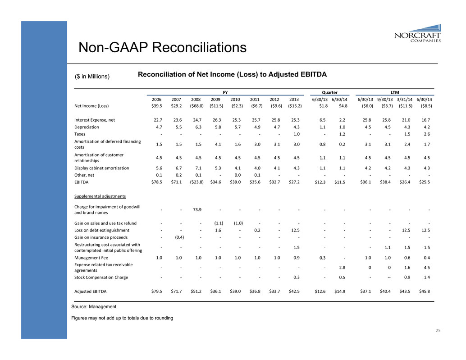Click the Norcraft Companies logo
coord(417,32)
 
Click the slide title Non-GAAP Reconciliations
coord(163,47)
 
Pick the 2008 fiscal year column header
coord(196,99)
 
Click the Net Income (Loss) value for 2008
coord(196,106)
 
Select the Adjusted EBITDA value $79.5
coord(156,291)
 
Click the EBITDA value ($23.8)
coord(196,182)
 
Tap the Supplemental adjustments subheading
coord(101,196)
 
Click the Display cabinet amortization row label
coord(102,168)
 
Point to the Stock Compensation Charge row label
coord(101,277)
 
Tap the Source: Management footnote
coord(94,307)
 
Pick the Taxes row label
coord(81,134)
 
